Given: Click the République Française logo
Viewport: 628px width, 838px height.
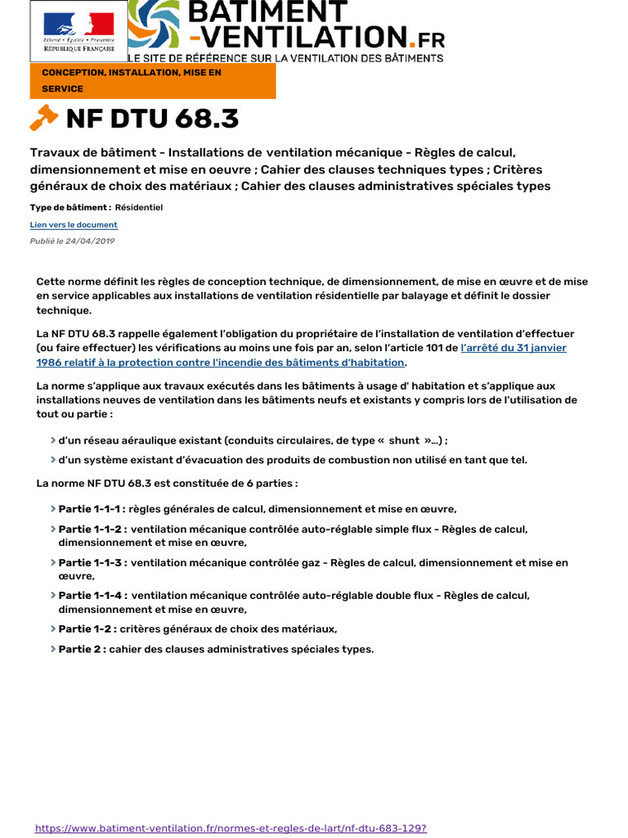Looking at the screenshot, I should tap(78, 32).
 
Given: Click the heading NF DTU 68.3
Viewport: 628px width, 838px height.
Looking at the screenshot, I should tap(152, 119).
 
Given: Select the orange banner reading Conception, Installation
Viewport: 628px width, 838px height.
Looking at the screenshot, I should tap(153, 80).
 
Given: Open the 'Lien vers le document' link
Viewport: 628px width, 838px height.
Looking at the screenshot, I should tap(74, 225).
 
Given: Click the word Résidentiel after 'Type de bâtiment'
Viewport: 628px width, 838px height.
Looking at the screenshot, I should tap(139, 208).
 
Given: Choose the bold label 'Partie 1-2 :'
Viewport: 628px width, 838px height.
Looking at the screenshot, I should tap(87, 628).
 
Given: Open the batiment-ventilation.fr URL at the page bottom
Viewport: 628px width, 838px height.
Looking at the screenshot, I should tap(231, 828).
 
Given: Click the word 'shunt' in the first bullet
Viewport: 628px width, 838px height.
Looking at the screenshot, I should tap(404, 439).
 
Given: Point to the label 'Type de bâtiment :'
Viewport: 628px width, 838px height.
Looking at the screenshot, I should tap(70, 208).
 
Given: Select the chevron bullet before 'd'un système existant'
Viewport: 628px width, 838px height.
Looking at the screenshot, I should tap(53, 460).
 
